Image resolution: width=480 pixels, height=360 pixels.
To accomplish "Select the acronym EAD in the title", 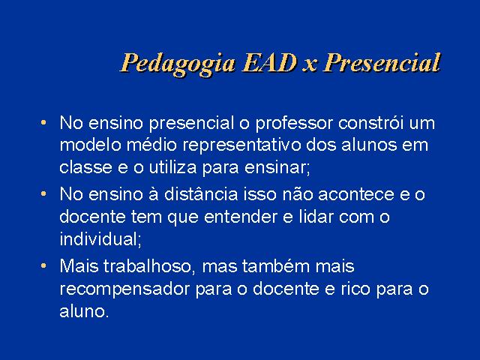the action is point(269,63).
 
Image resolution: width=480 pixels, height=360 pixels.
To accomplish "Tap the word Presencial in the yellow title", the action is point(382,63).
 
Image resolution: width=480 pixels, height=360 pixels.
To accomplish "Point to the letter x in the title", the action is point(310,66).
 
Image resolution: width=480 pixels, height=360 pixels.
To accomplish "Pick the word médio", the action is point(151,145).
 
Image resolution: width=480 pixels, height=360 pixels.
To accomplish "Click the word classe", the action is point(85,167).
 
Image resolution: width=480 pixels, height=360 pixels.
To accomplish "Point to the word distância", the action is point(201,194).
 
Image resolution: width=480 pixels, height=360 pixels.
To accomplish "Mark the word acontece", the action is point(356,195).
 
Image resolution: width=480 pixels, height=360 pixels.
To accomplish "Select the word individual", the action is point(100,238).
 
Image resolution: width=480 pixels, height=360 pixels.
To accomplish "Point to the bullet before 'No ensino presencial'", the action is point(43,123).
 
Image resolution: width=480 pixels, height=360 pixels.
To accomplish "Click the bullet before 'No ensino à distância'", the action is point(43,194).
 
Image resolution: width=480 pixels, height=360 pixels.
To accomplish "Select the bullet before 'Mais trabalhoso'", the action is point(43,265).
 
